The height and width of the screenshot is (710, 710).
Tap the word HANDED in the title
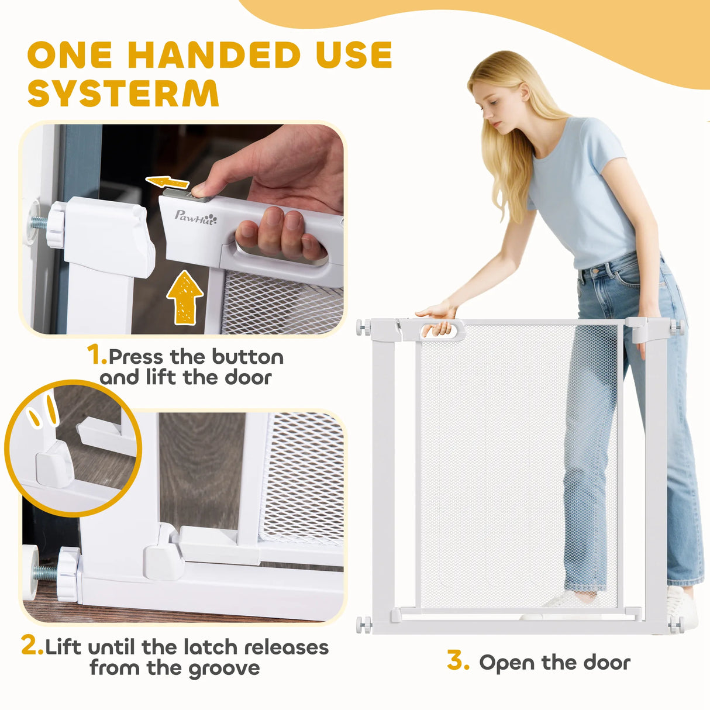213,54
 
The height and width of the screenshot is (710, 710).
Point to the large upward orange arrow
185,297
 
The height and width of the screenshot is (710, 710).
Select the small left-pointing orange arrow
167,182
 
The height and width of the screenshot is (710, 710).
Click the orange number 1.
96,355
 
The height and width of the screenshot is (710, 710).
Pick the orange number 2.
32,644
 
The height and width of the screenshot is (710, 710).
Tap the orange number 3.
458,659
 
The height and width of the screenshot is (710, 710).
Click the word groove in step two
225,668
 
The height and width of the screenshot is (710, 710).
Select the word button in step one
247,356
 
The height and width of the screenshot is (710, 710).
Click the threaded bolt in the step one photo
40,223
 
